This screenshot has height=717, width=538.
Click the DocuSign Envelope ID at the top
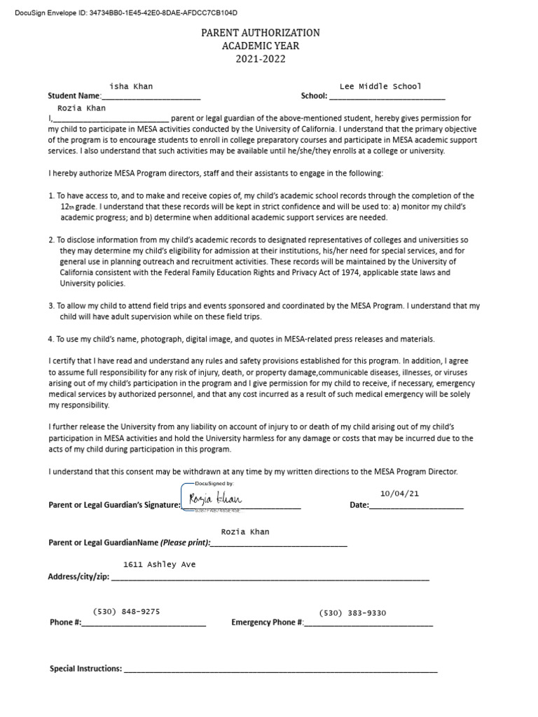coord(125,13)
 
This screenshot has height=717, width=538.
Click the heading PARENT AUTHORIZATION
coord(261,33)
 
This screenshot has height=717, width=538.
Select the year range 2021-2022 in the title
coord(261,59)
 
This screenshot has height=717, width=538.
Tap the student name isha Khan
coord(131,86)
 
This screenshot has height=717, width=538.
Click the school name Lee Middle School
coord(380,86)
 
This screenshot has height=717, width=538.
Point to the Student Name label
coord(74,96)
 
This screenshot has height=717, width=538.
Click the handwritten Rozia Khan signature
coord(215,499)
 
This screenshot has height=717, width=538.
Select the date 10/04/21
coord(399,493)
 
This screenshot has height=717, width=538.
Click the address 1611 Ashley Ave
coord(159,564)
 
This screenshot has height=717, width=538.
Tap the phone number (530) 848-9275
coord(126,611)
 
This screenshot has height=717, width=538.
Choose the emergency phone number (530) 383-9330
coord(352,613)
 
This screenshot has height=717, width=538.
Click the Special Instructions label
coord(85,669)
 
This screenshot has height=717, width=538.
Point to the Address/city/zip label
coord(78,577)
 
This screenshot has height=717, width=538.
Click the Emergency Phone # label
coord(267,622)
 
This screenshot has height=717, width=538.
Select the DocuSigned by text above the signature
coord(211,484)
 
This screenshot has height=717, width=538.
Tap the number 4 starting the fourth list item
coord(50,339)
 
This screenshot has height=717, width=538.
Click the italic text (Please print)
coord(184,543)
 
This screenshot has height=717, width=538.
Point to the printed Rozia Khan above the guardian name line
coord(244,532)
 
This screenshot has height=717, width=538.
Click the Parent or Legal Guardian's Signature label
coord(114,505)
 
